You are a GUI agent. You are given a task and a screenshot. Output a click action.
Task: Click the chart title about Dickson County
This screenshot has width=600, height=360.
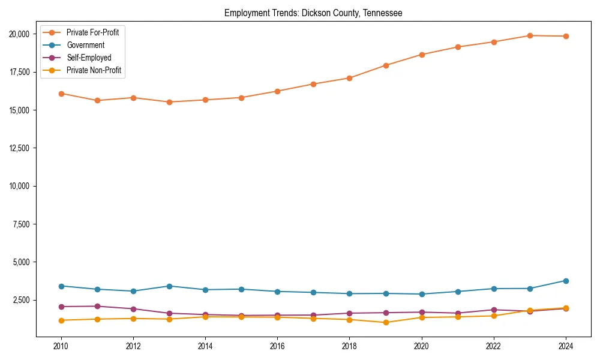coord(313,13)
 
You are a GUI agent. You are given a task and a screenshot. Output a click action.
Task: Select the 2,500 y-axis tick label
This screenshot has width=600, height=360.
coord(21,300)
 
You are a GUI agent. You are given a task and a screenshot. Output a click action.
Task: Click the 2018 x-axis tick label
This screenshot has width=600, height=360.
coord(349,346)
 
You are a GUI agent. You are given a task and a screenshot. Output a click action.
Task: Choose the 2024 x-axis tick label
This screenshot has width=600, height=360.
coord(566,346)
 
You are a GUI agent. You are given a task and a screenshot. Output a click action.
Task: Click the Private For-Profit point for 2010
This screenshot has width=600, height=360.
coord(61,94)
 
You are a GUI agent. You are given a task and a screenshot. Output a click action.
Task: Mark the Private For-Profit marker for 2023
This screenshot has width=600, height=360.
coord(530,35)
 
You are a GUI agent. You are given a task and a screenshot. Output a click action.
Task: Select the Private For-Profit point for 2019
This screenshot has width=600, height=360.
coord(386,65)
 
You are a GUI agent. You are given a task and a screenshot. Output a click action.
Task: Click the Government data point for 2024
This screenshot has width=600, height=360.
coord(566,281)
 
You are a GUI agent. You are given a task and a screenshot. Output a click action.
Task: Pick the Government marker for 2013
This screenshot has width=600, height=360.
coord(169,286)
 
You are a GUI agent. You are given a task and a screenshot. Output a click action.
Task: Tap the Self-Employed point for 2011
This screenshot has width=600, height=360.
coord(97,306)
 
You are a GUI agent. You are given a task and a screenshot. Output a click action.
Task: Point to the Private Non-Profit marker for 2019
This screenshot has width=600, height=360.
coord(386,323)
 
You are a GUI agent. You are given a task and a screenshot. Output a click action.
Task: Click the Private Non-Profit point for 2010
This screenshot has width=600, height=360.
coord(61,320)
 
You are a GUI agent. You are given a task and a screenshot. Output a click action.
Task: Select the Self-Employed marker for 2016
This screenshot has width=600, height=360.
coord(277,315)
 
